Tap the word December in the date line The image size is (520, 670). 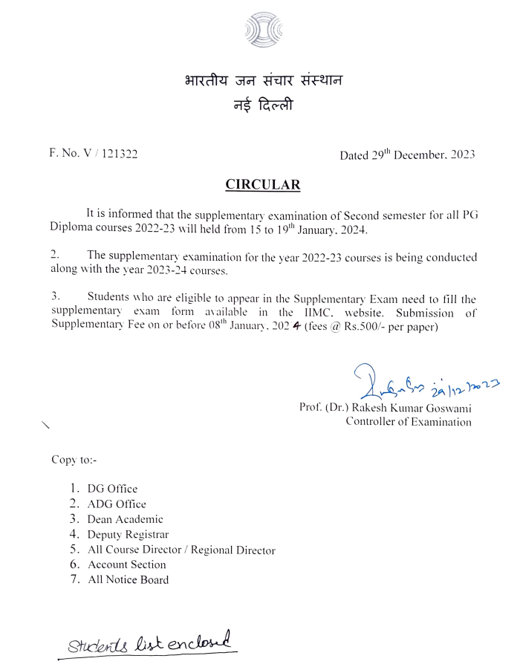click(420, 155)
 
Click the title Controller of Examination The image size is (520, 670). click(408, 422)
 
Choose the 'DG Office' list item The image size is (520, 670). click(112, 488)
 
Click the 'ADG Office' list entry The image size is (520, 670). click(117, 504)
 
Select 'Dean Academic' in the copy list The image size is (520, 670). click(125, 519)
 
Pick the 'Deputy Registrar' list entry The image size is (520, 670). click(128, 534)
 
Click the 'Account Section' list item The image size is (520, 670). click(126, 565)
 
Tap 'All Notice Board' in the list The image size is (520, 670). click(128, 579)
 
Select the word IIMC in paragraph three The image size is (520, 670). click(317, 313)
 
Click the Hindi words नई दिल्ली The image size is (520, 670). click(263, 106)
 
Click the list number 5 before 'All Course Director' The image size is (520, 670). click(74, 550)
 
